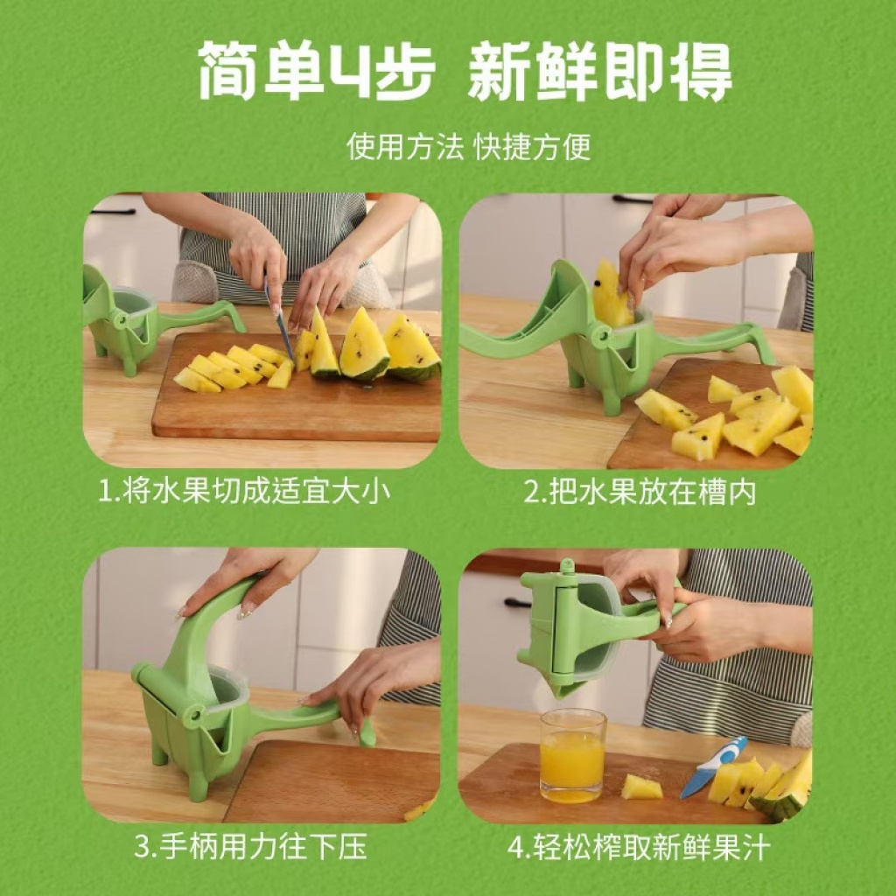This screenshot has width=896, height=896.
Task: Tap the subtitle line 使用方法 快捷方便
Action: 469,147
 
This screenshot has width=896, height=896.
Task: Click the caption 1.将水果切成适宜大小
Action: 244,492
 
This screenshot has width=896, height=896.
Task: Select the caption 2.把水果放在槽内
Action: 640,492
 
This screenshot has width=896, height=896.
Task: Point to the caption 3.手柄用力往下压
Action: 250,846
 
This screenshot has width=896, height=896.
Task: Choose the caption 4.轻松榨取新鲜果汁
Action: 639,846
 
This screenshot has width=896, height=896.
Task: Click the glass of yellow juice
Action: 572,755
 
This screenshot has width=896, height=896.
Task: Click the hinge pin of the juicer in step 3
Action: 195,715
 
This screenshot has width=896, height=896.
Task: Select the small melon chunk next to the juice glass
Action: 640,787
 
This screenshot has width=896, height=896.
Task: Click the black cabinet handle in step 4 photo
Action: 518,602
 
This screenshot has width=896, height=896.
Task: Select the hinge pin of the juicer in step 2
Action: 602,335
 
